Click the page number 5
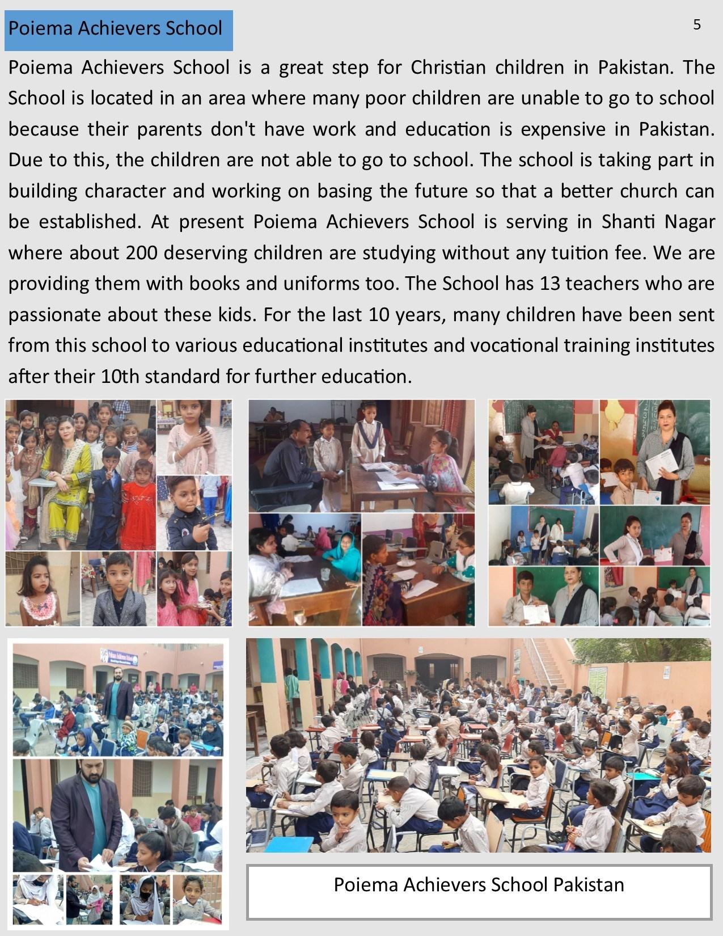(696, 24)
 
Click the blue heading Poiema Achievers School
(116, 28)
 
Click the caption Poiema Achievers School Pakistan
(479, 884)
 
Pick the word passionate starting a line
(55, 314)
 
